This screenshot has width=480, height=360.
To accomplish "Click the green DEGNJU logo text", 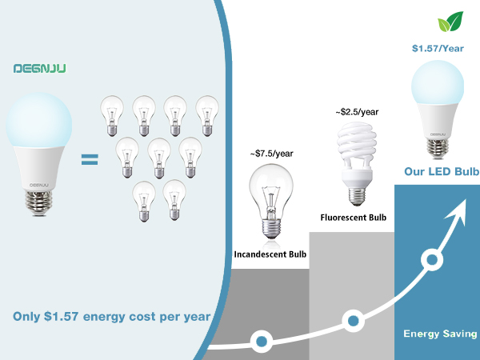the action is (39, 68).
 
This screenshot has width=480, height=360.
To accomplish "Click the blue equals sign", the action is (90, 159).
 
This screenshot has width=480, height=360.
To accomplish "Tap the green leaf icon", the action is (450, 22).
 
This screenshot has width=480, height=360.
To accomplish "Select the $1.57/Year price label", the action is (438, 48).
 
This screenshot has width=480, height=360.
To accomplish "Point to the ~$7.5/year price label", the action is (271, 154).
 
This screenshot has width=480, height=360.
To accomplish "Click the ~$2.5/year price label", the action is (357, 112).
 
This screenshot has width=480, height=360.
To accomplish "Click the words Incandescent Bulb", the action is (270, 254).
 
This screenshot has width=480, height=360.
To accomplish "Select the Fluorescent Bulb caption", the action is (354, 218).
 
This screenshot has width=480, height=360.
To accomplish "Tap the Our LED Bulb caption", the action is (442, 171).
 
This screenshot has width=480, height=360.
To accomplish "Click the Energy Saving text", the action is (440, 334).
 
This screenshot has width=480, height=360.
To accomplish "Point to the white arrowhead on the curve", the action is (458, 211).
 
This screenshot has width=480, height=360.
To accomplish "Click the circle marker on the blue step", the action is (432, 260).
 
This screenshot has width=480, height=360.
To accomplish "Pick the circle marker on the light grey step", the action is (354, 321).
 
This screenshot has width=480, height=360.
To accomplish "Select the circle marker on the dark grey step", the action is (261, 341).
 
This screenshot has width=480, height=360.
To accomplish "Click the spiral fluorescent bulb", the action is (356, 164).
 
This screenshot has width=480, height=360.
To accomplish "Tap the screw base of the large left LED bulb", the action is (38, 203).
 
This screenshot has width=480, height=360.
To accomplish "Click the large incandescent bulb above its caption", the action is (271, 201).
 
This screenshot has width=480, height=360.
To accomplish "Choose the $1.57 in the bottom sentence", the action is (61, 317).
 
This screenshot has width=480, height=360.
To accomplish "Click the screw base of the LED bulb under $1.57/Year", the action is (438, 149).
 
